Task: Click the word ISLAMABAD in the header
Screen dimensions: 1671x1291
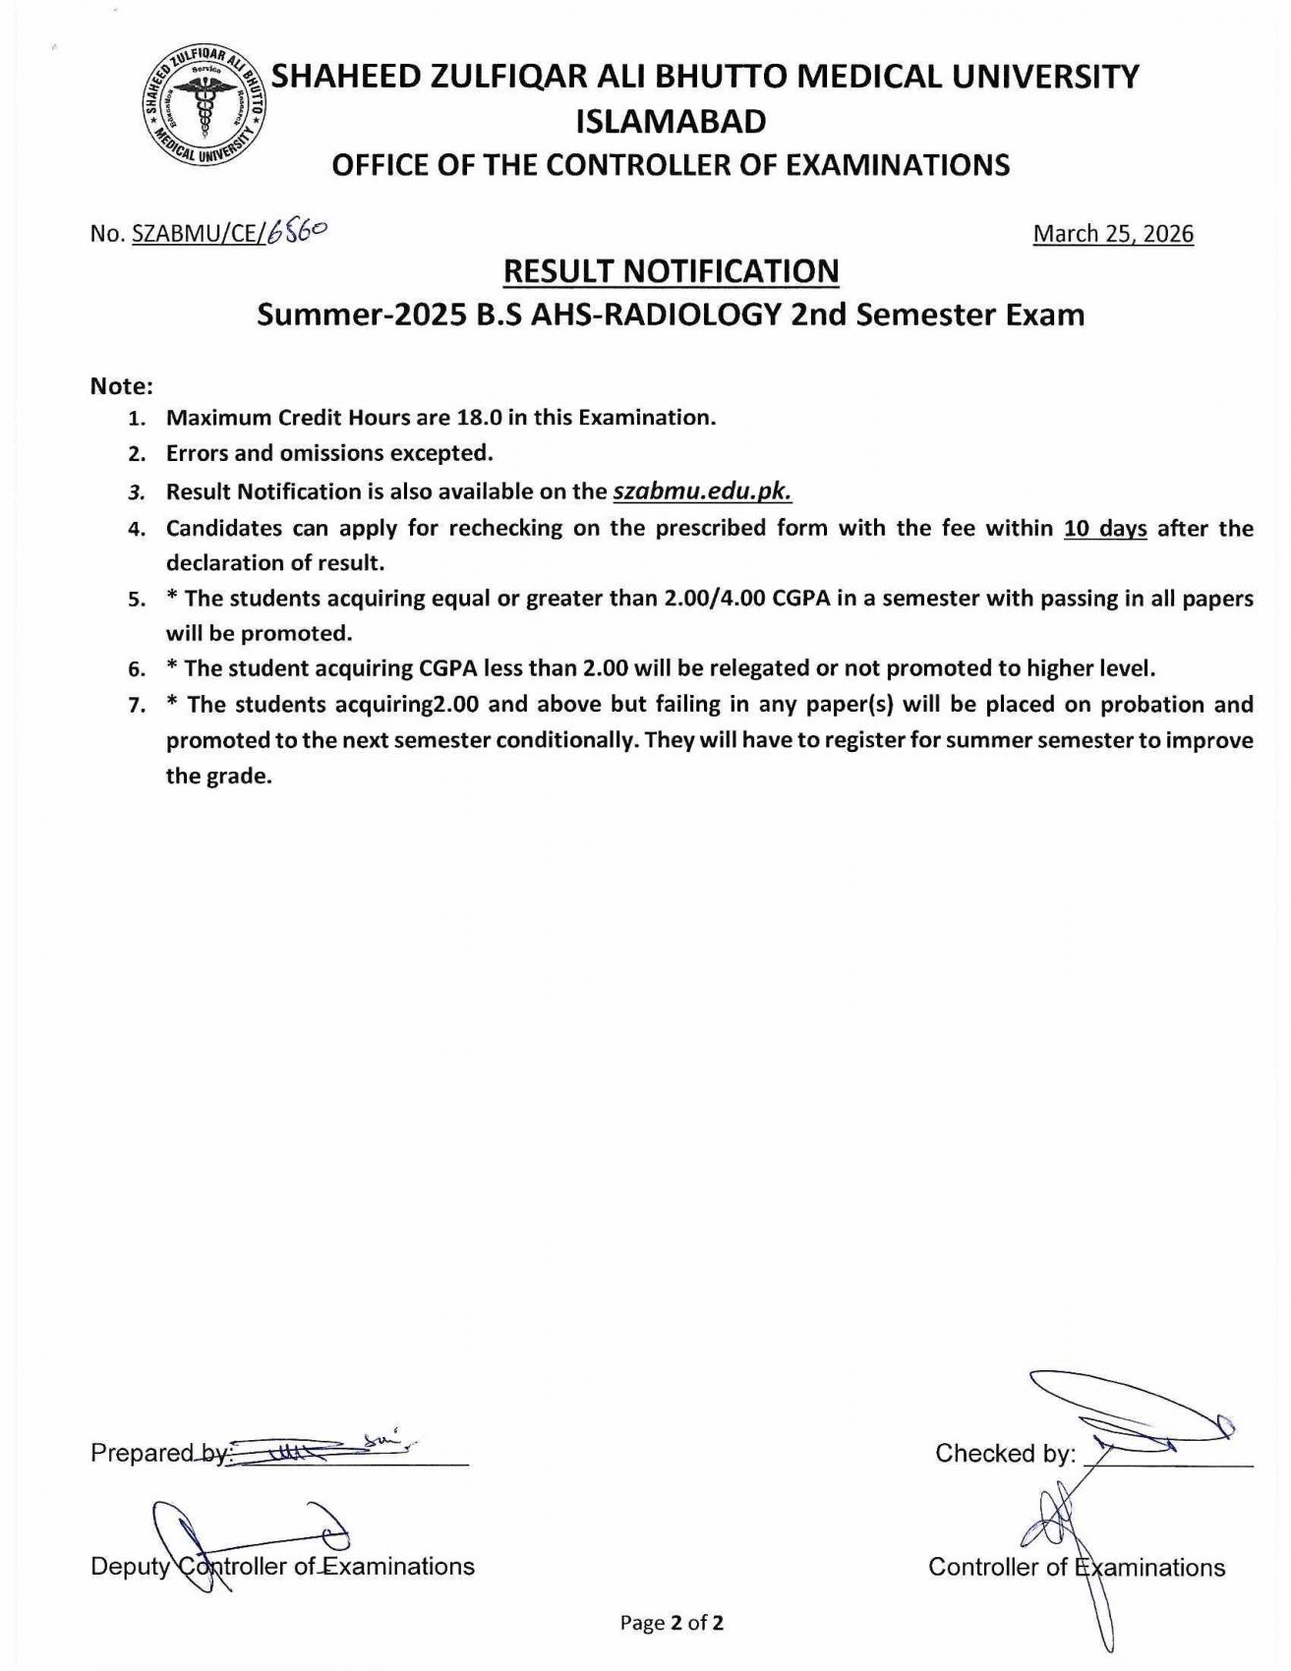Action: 671,122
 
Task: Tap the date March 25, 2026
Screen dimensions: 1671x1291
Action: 1113,234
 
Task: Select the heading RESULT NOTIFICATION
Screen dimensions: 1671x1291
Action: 671,270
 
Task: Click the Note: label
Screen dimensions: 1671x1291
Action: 122,385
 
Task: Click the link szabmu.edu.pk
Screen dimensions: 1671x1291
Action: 702,491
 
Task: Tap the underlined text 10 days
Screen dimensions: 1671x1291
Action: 1105,528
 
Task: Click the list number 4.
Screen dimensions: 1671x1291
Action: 137,529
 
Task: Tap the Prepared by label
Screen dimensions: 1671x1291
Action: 157,1453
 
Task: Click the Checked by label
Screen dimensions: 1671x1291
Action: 1005,1453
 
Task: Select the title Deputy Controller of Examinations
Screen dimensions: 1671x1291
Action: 282,1566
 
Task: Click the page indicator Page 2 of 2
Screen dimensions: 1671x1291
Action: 672,1623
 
